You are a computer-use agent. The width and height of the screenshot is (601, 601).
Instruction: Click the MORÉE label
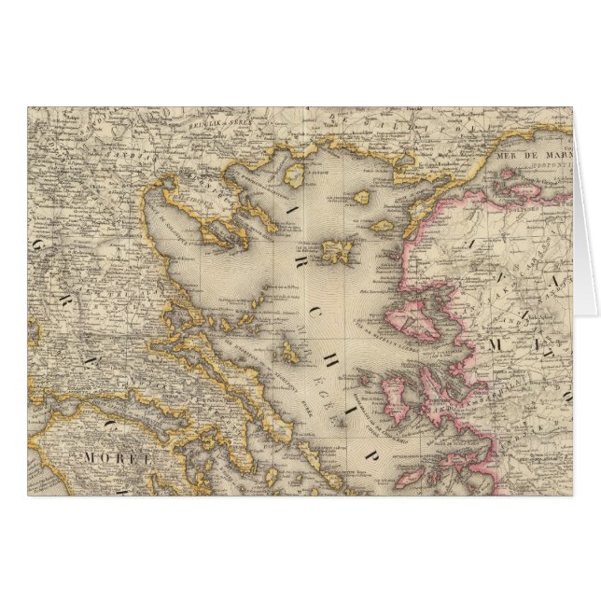[106, 457]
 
